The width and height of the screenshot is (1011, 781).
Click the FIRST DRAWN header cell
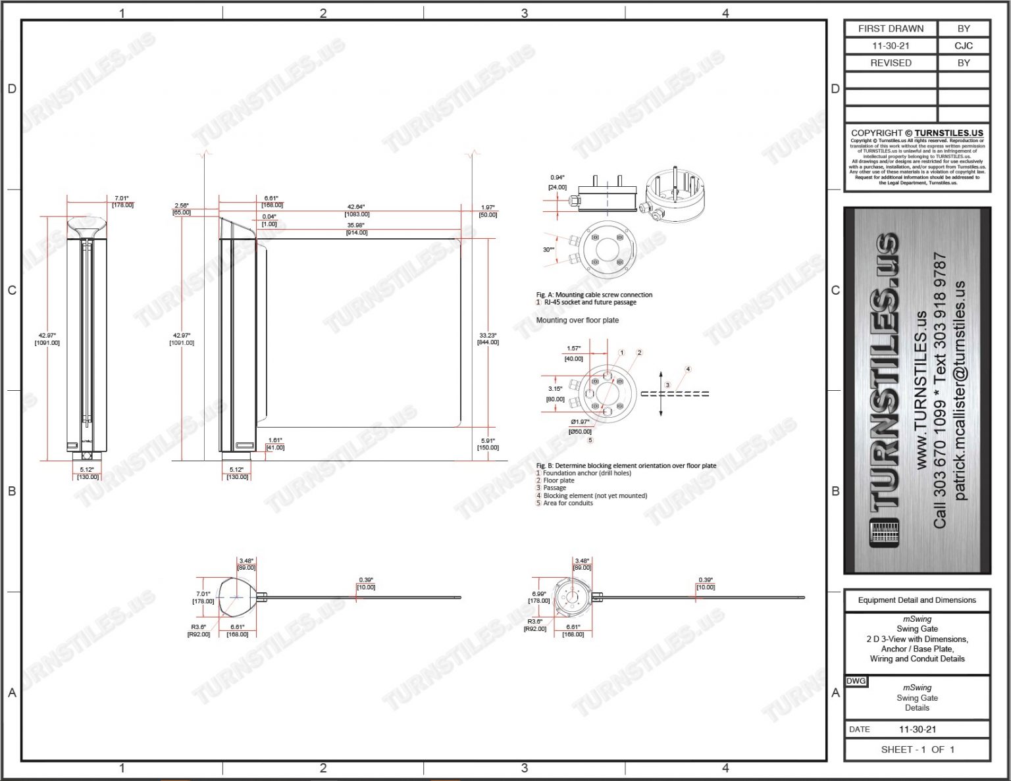pyautogui.click(x=891, y=29)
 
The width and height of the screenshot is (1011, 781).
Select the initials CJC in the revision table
pyautogui.click(x=963, y=46)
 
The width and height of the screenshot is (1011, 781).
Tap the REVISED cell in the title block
pyautogui.click(x=891, y=63)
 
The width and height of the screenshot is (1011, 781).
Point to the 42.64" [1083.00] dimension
pyautogui.click(x=357, y=211)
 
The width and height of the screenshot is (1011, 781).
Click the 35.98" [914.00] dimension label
pyautogui.click(x=357, y=229)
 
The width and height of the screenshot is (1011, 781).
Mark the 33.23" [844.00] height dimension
pyautogui.click(x=488, y=339)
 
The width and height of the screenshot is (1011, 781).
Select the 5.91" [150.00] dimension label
pyautogui.click(x=488, y=444)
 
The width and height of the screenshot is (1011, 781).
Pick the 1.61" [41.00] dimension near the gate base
pyautogui.click(x=275, y=444)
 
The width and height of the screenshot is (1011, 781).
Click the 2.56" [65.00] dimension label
pyautogui.click(x=182, y=209)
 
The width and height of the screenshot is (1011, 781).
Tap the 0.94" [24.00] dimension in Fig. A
pyautogui.click(x=557, y=182)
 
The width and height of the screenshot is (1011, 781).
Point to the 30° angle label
pyautogui.click(x=548, y=250)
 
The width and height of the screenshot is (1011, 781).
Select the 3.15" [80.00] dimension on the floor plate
pyautogui.click(x=555, y=393)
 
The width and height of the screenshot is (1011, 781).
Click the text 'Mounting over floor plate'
pyautogui.click(x=577, y=320)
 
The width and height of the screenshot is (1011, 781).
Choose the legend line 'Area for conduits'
pyautogui.click(x=567, y=503)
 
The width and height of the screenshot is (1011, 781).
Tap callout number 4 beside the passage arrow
pyautogui.click(x=688, y=369)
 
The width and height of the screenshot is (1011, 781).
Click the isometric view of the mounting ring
pyautogui.click(x=675, y=195)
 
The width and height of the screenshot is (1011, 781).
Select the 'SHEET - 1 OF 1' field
pyautogui.click(x=917, y=749)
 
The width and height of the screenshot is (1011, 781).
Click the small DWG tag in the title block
pyautogui.click(x=856, y=681)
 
